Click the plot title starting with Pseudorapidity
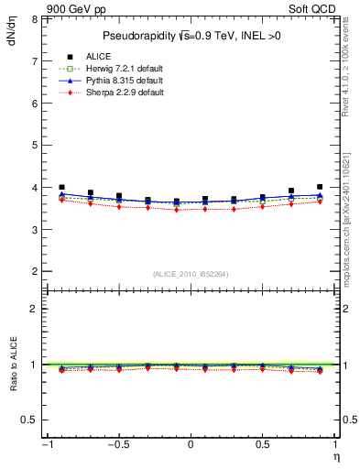(x=190, y=37)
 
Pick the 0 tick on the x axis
(x=191, y=445)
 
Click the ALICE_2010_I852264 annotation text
(x=190, y=274)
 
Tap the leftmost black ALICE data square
(x=61, y=187)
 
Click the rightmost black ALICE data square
(x=320, y=187)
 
